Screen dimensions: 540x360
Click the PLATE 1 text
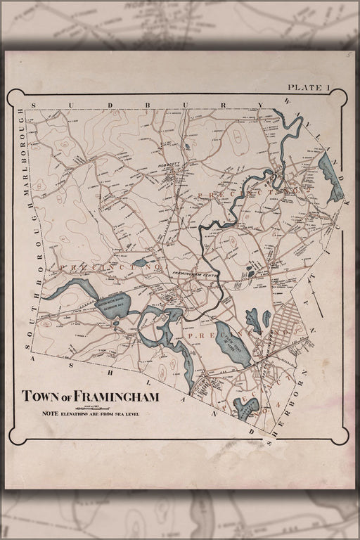click(x=309, y=87)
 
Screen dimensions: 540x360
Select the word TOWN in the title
click(x=39, y=397)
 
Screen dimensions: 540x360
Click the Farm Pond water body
click(x=233, y=345)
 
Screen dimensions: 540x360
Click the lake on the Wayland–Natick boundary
click(x=329, y=176)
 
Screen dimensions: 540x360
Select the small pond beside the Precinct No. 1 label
click(x=141, y=262)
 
